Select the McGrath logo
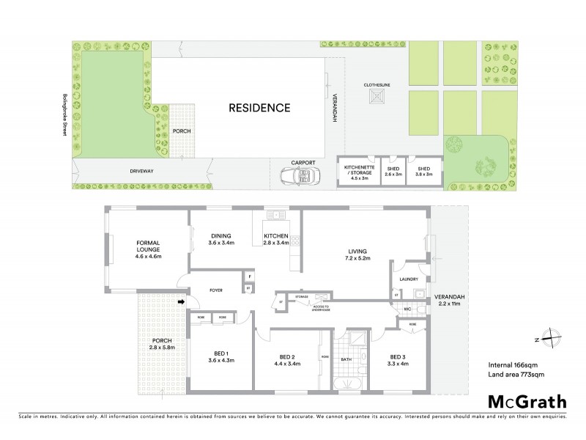click(x=527, y=400)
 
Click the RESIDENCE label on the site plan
click(x=259, y=108)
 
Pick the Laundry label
click(x=409, y=279)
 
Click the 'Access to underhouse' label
click(x=322, y=307)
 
